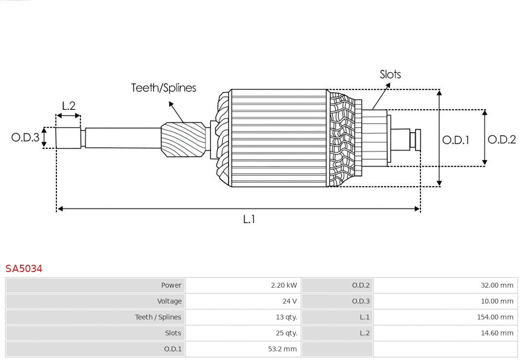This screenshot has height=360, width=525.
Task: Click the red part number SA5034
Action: pyautogui.click(x=24, y=268)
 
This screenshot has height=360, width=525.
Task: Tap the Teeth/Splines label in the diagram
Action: pyautogui.click(x=163, y=87)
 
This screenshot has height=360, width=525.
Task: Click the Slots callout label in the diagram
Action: pyautogui.click(x=390, y=74)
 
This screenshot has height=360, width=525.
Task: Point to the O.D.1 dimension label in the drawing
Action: pyautogui.click(x=455, y=140)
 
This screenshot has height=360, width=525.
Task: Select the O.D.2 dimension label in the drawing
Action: pyautogui.click(x=501, y=139)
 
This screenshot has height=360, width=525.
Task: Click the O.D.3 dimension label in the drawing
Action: pyautogui.click(x=25, y=137)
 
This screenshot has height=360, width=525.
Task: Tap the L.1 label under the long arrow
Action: pyautogui.click(x=249, y=219)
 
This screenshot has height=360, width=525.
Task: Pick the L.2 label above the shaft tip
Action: pyautogui.click(x=69, y=105)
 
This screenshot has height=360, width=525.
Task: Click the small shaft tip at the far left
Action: pyautogui.click(x=68, y=137)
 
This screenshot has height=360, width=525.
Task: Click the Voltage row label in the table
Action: pyautogui.click(x=169, y=301)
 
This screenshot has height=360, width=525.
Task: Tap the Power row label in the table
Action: pyautogui.click(x=171, y=285)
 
